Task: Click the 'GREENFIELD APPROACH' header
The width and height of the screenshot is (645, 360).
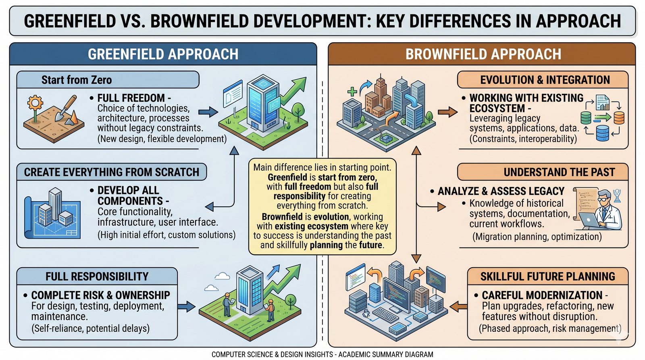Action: tap(163, 54)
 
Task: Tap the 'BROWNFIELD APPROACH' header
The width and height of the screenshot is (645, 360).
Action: tap(483, 54)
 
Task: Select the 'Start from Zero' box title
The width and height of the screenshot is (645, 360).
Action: tap(77, 80)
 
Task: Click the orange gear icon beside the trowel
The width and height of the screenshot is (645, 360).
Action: tap(35, 102)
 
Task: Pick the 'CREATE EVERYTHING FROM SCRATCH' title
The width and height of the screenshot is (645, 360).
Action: tap(112, 172)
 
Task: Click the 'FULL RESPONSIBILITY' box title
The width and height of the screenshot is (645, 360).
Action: tap(97, 276)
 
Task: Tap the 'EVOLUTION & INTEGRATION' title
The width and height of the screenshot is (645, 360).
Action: tap(545, 80)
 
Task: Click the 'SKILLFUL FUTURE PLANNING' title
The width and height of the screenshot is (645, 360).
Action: tap(548, 276)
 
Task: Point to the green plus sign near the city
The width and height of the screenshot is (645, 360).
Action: tap(352, 92)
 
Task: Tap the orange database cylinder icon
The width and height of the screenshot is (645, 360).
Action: tap(619, 118)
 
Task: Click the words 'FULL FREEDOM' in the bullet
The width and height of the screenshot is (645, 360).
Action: tap(131, 98)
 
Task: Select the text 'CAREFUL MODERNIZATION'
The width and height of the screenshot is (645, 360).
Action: tap(542, 295)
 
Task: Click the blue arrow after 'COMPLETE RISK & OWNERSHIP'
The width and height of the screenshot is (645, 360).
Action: tap(186, 306)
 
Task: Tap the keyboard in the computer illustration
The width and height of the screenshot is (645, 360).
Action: tap(385, 315)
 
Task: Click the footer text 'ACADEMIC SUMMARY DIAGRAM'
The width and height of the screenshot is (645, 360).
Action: tap(385, 354)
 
